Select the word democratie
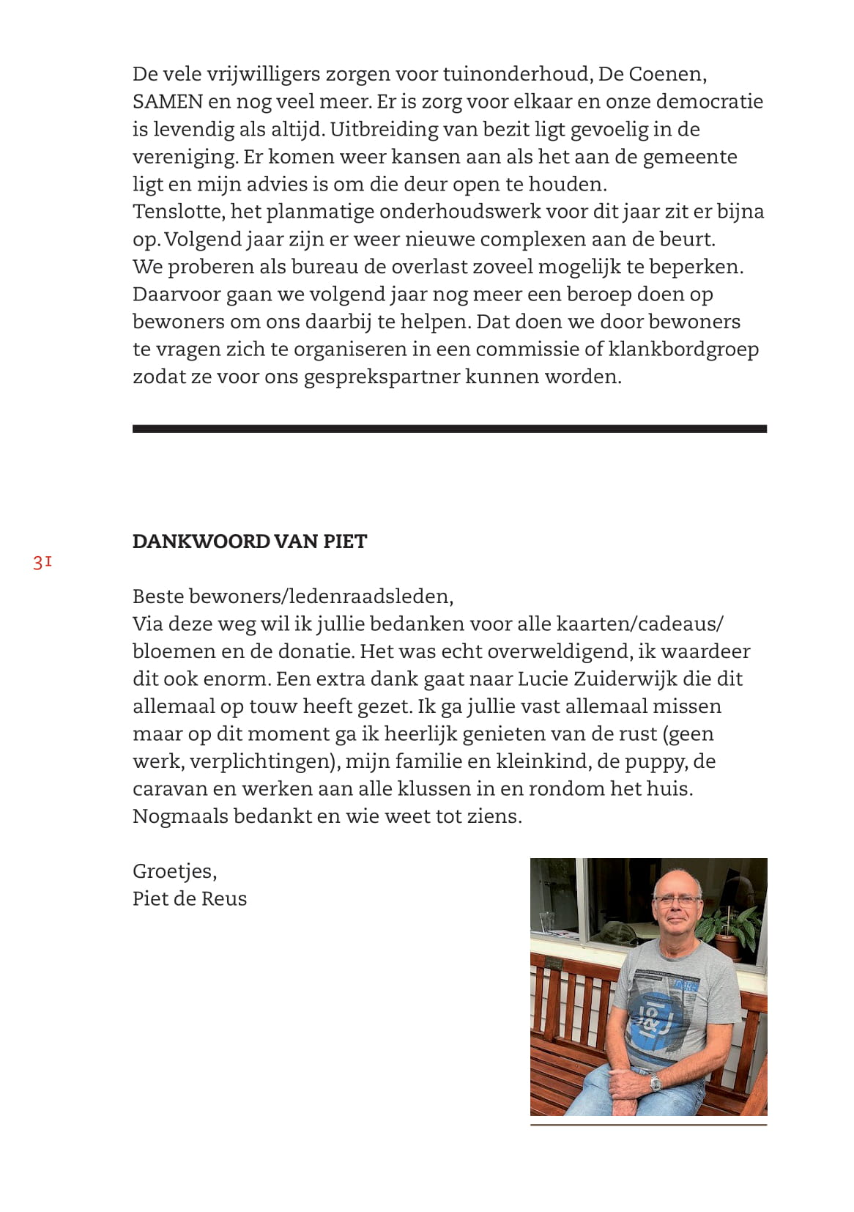point(709,102)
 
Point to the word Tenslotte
point(178,212)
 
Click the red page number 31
point(42,563)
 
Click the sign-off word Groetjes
point(174,871)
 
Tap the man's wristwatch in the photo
point(656,1082)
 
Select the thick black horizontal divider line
point(449,429)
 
